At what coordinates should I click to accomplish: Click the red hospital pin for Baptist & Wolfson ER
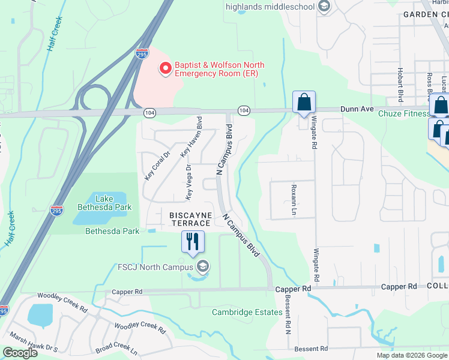pos(164,68)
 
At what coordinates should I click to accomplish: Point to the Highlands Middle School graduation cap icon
pos(325,7)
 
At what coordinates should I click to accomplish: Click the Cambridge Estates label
pos(247,312)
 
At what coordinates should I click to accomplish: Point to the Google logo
pos(20,353)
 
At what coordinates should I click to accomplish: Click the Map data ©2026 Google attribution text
pos(411,355)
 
